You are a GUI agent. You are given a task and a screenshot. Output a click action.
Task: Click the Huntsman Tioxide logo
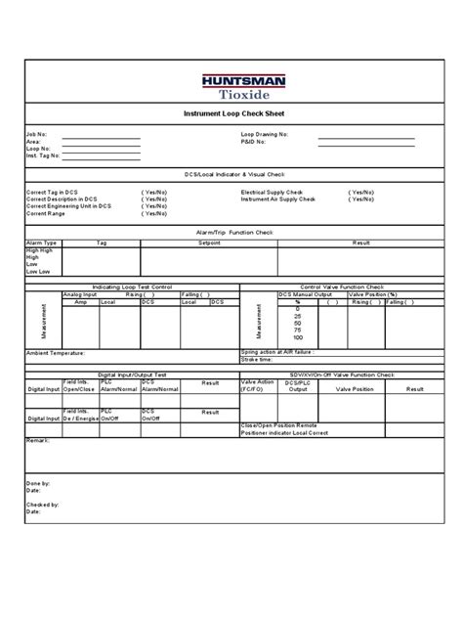click(x=231, y=87)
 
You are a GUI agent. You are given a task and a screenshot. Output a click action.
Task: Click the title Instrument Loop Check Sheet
click(x=231, y=113)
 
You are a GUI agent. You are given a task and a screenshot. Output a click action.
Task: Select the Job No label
click(x=36, y=132)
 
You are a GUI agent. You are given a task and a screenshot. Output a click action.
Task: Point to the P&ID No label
click(x=255, y=140)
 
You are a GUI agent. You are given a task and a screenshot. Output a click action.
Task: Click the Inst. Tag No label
click(x=43, y=155)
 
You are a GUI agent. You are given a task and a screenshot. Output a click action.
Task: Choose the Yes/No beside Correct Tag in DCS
click(x=154, y=193)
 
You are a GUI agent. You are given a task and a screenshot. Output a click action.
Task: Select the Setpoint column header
click(x=209, y=243)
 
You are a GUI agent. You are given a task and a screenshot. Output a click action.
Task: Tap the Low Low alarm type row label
click(x=38, y=271)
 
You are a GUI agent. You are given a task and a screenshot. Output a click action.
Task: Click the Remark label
click(x=38, y=442)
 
